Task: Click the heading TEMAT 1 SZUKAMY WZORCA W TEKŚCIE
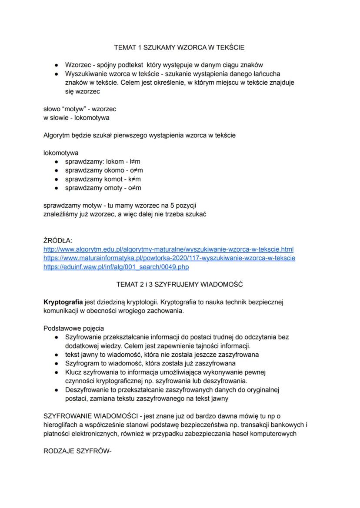tap(179, 46)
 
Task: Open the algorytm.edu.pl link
tap(169, 249)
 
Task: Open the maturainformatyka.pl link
tap(170, 258)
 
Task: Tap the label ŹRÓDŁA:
tap(58, 240)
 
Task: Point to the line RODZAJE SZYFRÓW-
tap(78, 451)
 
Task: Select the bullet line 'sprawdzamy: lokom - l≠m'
tap(100, 162)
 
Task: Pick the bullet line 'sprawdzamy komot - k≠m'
tap(103, 179)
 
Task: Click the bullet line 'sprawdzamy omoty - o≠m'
tap(103, 188)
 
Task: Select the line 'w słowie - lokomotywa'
tap(77, 117)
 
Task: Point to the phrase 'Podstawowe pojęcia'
tap(73, 328)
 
